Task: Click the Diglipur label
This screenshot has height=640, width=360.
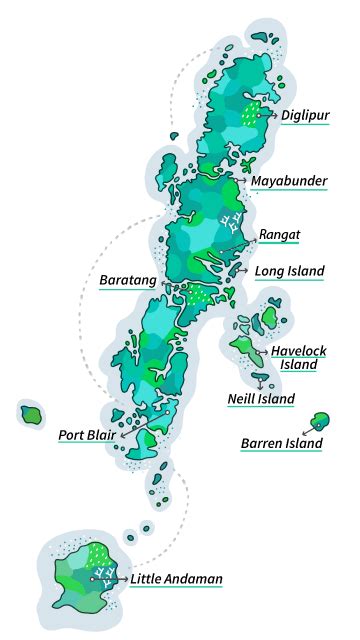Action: point(305,116)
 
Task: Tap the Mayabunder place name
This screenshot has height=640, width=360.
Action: point(289,181)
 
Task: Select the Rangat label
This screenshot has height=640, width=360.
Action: point(280,235)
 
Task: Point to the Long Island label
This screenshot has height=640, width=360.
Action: point(289,270)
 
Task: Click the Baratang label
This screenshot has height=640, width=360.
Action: point(127,281)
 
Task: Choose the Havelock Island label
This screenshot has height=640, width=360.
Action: point(299,357)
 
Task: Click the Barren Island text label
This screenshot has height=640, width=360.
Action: point(282,443)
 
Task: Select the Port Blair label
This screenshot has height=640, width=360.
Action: point(86,434)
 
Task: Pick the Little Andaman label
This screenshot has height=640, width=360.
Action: point(176,578)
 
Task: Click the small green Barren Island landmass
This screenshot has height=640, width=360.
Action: point(321,421)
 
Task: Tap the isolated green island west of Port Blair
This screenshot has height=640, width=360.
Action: point(31,413)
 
